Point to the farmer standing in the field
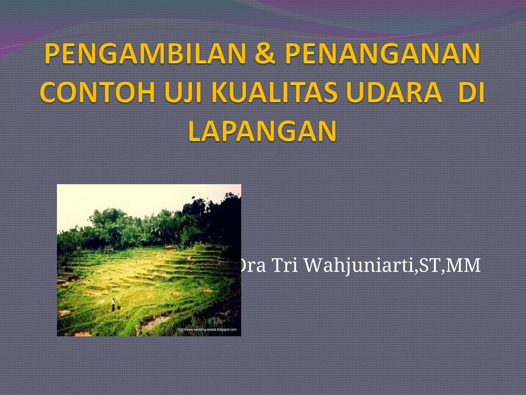(113, 304)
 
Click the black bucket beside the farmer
(119, 307)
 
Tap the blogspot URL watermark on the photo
(207, 329)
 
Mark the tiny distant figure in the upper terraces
(136, 262)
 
